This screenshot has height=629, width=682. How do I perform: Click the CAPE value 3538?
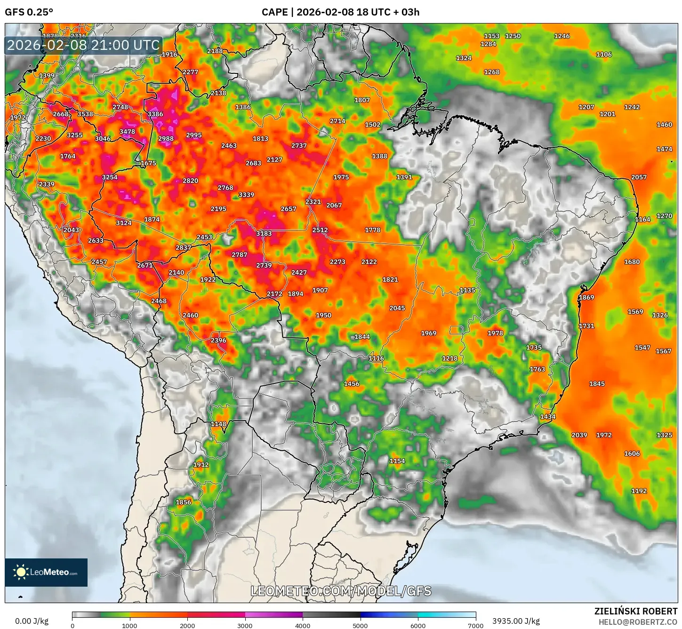pyautogui.click(x=85, y=114)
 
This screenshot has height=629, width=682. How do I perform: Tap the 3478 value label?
pyautogui.click(x=127, y=132)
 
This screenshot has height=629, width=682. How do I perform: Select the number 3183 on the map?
pyautogui.click(x=264, y=233)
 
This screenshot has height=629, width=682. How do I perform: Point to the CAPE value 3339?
pyautogui.click(x=246, y=195)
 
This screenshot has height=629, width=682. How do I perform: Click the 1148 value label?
pyautogui.click(x=218, y=424)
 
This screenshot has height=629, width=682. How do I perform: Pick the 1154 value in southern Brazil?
pyautogui.click(x=397, y=461)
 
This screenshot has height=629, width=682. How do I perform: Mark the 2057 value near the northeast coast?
pyautogui.click(x=639, y=177)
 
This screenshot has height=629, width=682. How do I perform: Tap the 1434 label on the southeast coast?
pyautogui.click(x=547, y=417)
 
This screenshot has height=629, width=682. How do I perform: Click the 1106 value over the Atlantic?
pyautogui.click(x=604, y=55)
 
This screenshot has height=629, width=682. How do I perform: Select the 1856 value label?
pyautogui.click(x=183, y=502)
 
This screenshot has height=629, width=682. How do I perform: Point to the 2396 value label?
pyautogui.click(x=218, y=340)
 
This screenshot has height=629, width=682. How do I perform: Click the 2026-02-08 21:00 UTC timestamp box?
pyautogui.click(x=83, y=46)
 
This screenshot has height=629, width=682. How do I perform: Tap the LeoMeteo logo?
pyautogui.click(x=46, y=572)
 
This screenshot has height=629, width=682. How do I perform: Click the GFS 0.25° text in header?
pyautogui.click(x=29, y=12)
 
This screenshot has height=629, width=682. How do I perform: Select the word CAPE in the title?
pyautogui.click(x=274, y=12)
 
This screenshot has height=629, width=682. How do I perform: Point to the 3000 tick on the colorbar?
pyautogui.click(x=245, y=625)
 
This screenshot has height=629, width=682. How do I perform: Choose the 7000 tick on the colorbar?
pyautogui.click(x=475, y=625)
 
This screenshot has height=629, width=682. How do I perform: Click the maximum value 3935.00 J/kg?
pyautogui.click(x=516, y=621)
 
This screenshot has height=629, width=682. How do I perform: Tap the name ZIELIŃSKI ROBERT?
pyautogui.click(x=635, y=612)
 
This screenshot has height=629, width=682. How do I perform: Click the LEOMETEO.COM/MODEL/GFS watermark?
pyautogui.click(x=341, y=591)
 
